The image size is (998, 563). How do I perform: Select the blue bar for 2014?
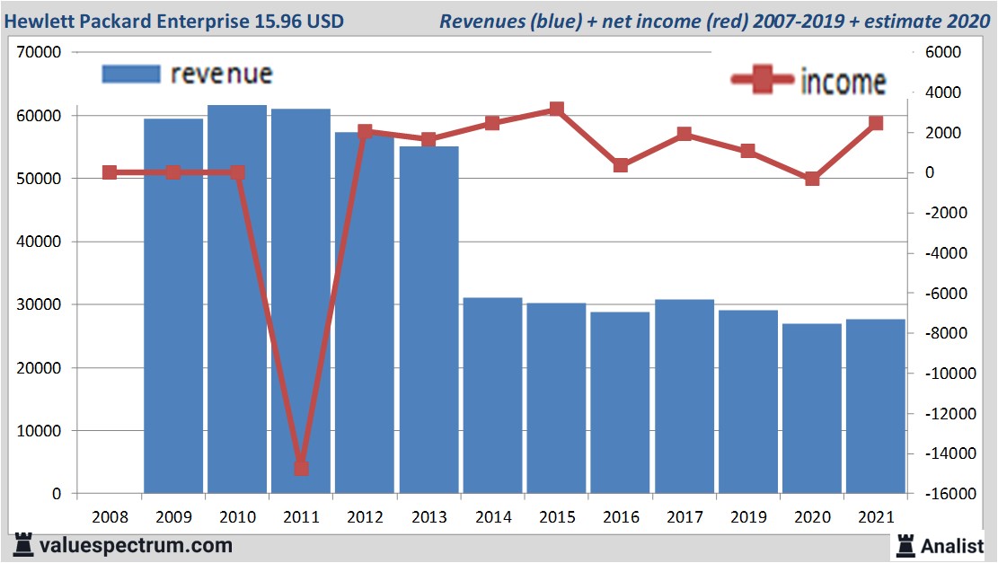(x=493, y=395)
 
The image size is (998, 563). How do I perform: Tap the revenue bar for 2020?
(x=812, y=409)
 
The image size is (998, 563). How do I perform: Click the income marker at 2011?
(x=301, y=468)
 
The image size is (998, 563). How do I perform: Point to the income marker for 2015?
(x=557, y=110)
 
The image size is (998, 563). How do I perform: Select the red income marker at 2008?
(x=110, y=172)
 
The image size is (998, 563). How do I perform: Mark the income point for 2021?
(x=876, y=124)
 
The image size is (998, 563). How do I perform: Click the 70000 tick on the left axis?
(x=39, y=53)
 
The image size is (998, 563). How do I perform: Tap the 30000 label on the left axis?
(x=39, y=304)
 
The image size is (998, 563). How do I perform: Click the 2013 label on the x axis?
(x=429, y=518)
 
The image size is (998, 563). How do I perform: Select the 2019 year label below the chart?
(x=748, y=518)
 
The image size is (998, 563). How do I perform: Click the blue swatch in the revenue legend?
(x=130, y=74)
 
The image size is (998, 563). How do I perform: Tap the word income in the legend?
(x=843, y=82)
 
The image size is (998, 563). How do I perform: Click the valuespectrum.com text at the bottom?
(x=136, y=545)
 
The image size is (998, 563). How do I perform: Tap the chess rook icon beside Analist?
(x=905, y=544)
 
